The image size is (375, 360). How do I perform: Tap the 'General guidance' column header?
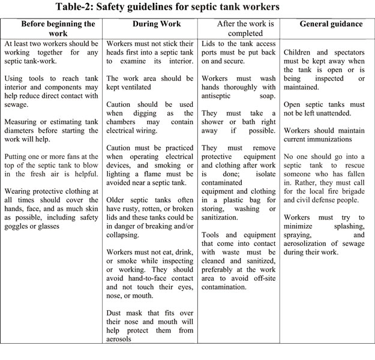pos(331,25)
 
